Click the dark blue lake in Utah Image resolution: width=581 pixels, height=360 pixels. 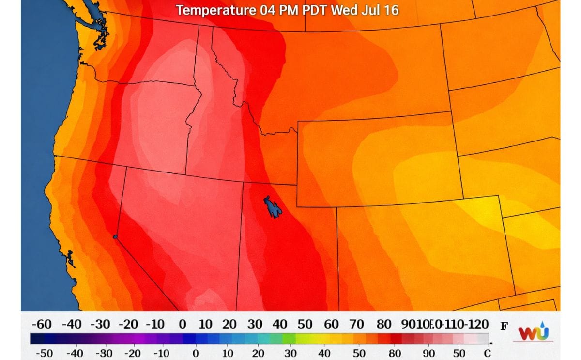(273, 207)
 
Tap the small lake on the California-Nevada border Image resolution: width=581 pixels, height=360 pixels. (115, 236)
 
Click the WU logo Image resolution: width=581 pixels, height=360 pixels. (534, 333)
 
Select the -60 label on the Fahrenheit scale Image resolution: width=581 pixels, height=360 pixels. (41, 324)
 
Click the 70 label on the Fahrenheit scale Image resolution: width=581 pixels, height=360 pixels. (356, 324)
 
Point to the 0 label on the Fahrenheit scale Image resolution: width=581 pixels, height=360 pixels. (182, 324)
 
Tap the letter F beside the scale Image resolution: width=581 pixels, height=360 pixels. (504, 326)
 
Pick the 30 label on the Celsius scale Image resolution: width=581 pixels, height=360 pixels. (290, 353)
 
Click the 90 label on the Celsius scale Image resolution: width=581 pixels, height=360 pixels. (428, 353)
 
